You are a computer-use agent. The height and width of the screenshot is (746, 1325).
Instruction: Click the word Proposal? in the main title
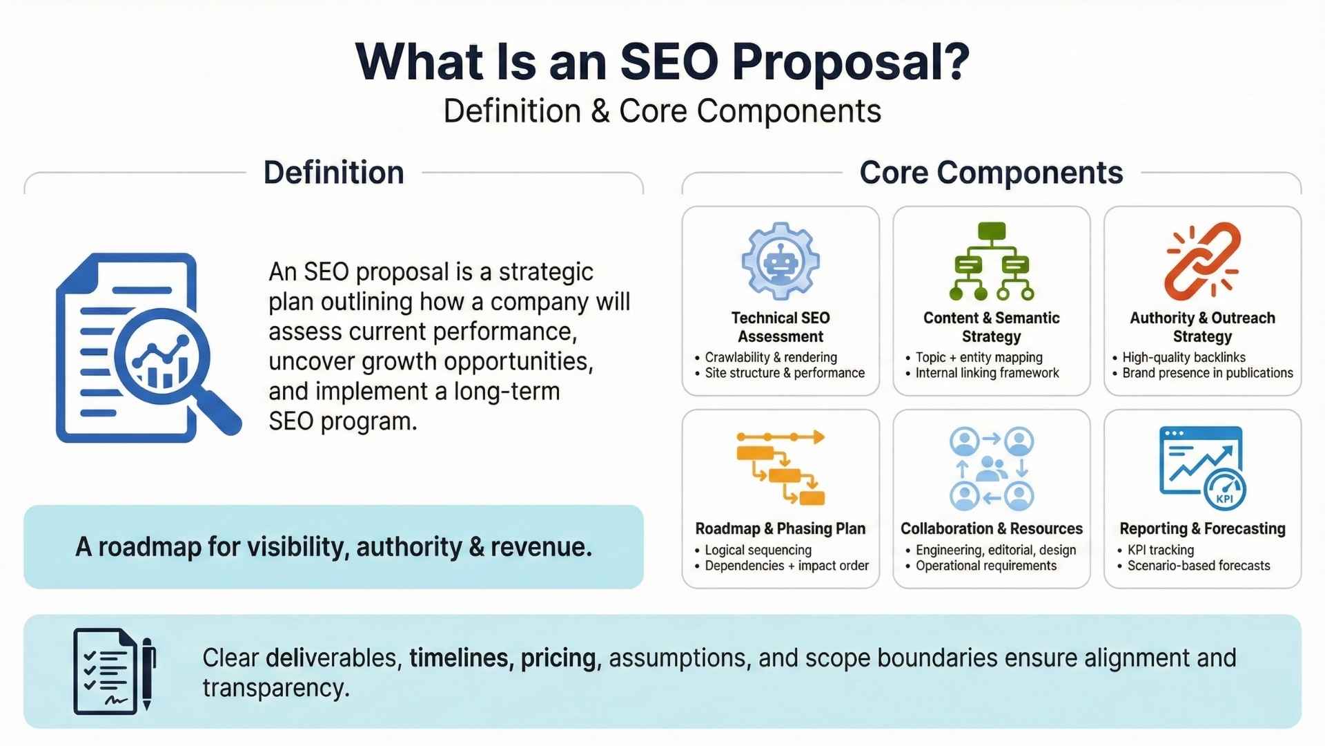click(850, 63)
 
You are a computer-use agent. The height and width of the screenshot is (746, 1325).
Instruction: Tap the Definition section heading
click(333, 173)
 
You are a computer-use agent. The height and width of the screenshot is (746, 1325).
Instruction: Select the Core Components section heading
click(991, 173)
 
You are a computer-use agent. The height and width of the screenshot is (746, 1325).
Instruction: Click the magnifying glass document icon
click(148, 347)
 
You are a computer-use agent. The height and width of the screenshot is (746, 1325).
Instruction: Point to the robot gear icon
click(781, 261)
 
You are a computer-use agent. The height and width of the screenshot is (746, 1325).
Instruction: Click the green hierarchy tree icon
click(992, 261)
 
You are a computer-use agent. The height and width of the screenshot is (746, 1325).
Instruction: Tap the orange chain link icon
click(1202, 261)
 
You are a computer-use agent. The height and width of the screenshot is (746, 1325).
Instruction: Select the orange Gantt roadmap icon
click(781, 468)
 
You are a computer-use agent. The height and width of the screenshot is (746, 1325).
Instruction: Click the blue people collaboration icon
click(992, 468)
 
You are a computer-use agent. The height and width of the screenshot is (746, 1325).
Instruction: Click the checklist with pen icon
click(115, 671)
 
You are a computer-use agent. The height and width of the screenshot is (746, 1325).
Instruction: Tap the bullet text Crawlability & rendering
click(771, 357)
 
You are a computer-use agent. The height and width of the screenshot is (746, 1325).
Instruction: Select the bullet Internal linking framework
click(987, 373)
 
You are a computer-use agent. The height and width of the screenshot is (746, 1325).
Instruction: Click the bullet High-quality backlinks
click(1184, 357)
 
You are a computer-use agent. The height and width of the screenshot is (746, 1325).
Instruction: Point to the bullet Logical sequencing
click(758, 550)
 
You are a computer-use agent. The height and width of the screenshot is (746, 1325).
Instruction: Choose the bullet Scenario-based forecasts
click(1199, 566)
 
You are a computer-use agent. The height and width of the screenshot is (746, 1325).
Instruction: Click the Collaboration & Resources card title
click(992, 528)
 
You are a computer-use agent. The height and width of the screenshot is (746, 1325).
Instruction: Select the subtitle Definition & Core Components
click(662, 111)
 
